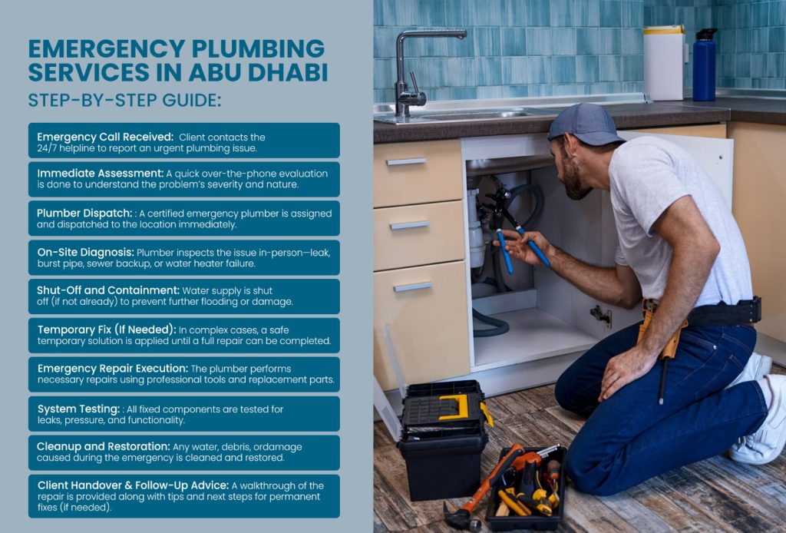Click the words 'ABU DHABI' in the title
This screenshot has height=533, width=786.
click(x=258, y=72)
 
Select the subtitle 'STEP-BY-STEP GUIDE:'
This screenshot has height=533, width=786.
click(x=124, y=101)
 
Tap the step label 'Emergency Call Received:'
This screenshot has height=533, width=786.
click(x=105, y=137)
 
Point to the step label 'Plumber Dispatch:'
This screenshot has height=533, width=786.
click(x=84, y=213)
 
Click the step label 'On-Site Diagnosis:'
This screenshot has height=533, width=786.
click(x=86, y=252)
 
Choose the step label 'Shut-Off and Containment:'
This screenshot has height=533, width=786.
click(x=107, y=290)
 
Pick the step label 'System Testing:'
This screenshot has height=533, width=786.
click(x=79, y=409)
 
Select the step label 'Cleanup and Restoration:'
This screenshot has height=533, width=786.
click(x=104, y=446)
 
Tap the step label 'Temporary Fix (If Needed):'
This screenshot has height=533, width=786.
click(x=107, y=329)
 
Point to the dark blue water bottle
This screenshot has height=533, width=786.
click(x=705, y=65)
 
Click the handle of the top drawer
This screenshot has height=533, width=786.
click(x=406, y=161)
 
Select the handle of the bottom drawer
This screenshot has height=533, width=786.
click(x=412, y=286)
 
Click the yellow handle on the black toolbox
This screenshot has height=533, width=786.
click(x=455, y=406)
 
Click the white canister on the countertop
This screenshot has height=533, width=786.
click(x=664, y=63)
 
